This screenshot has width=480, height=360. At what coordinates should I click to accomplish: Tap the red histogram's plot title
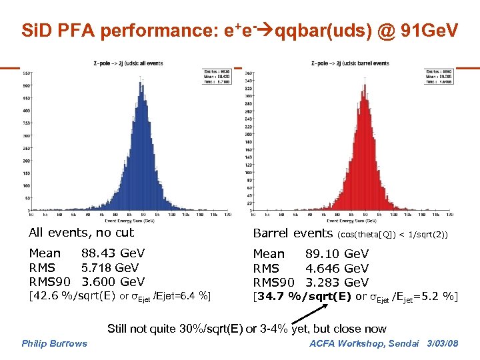click(x=350, y=63)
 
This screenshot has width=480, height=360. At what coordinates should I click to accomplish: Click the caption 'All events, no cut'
click(x=81, y=233)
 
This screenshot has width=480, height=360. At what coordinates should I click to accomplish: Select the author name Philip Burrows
click(x=55, y=343)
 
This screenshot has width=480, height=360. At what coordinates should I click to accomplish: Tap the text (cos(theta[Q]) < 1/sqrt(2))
click(x=393, y=235)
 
